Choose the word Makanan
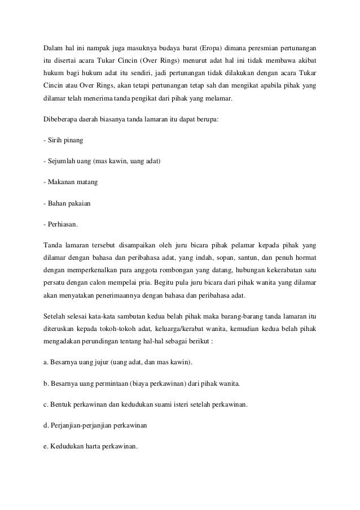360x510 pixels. point(61,182)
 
